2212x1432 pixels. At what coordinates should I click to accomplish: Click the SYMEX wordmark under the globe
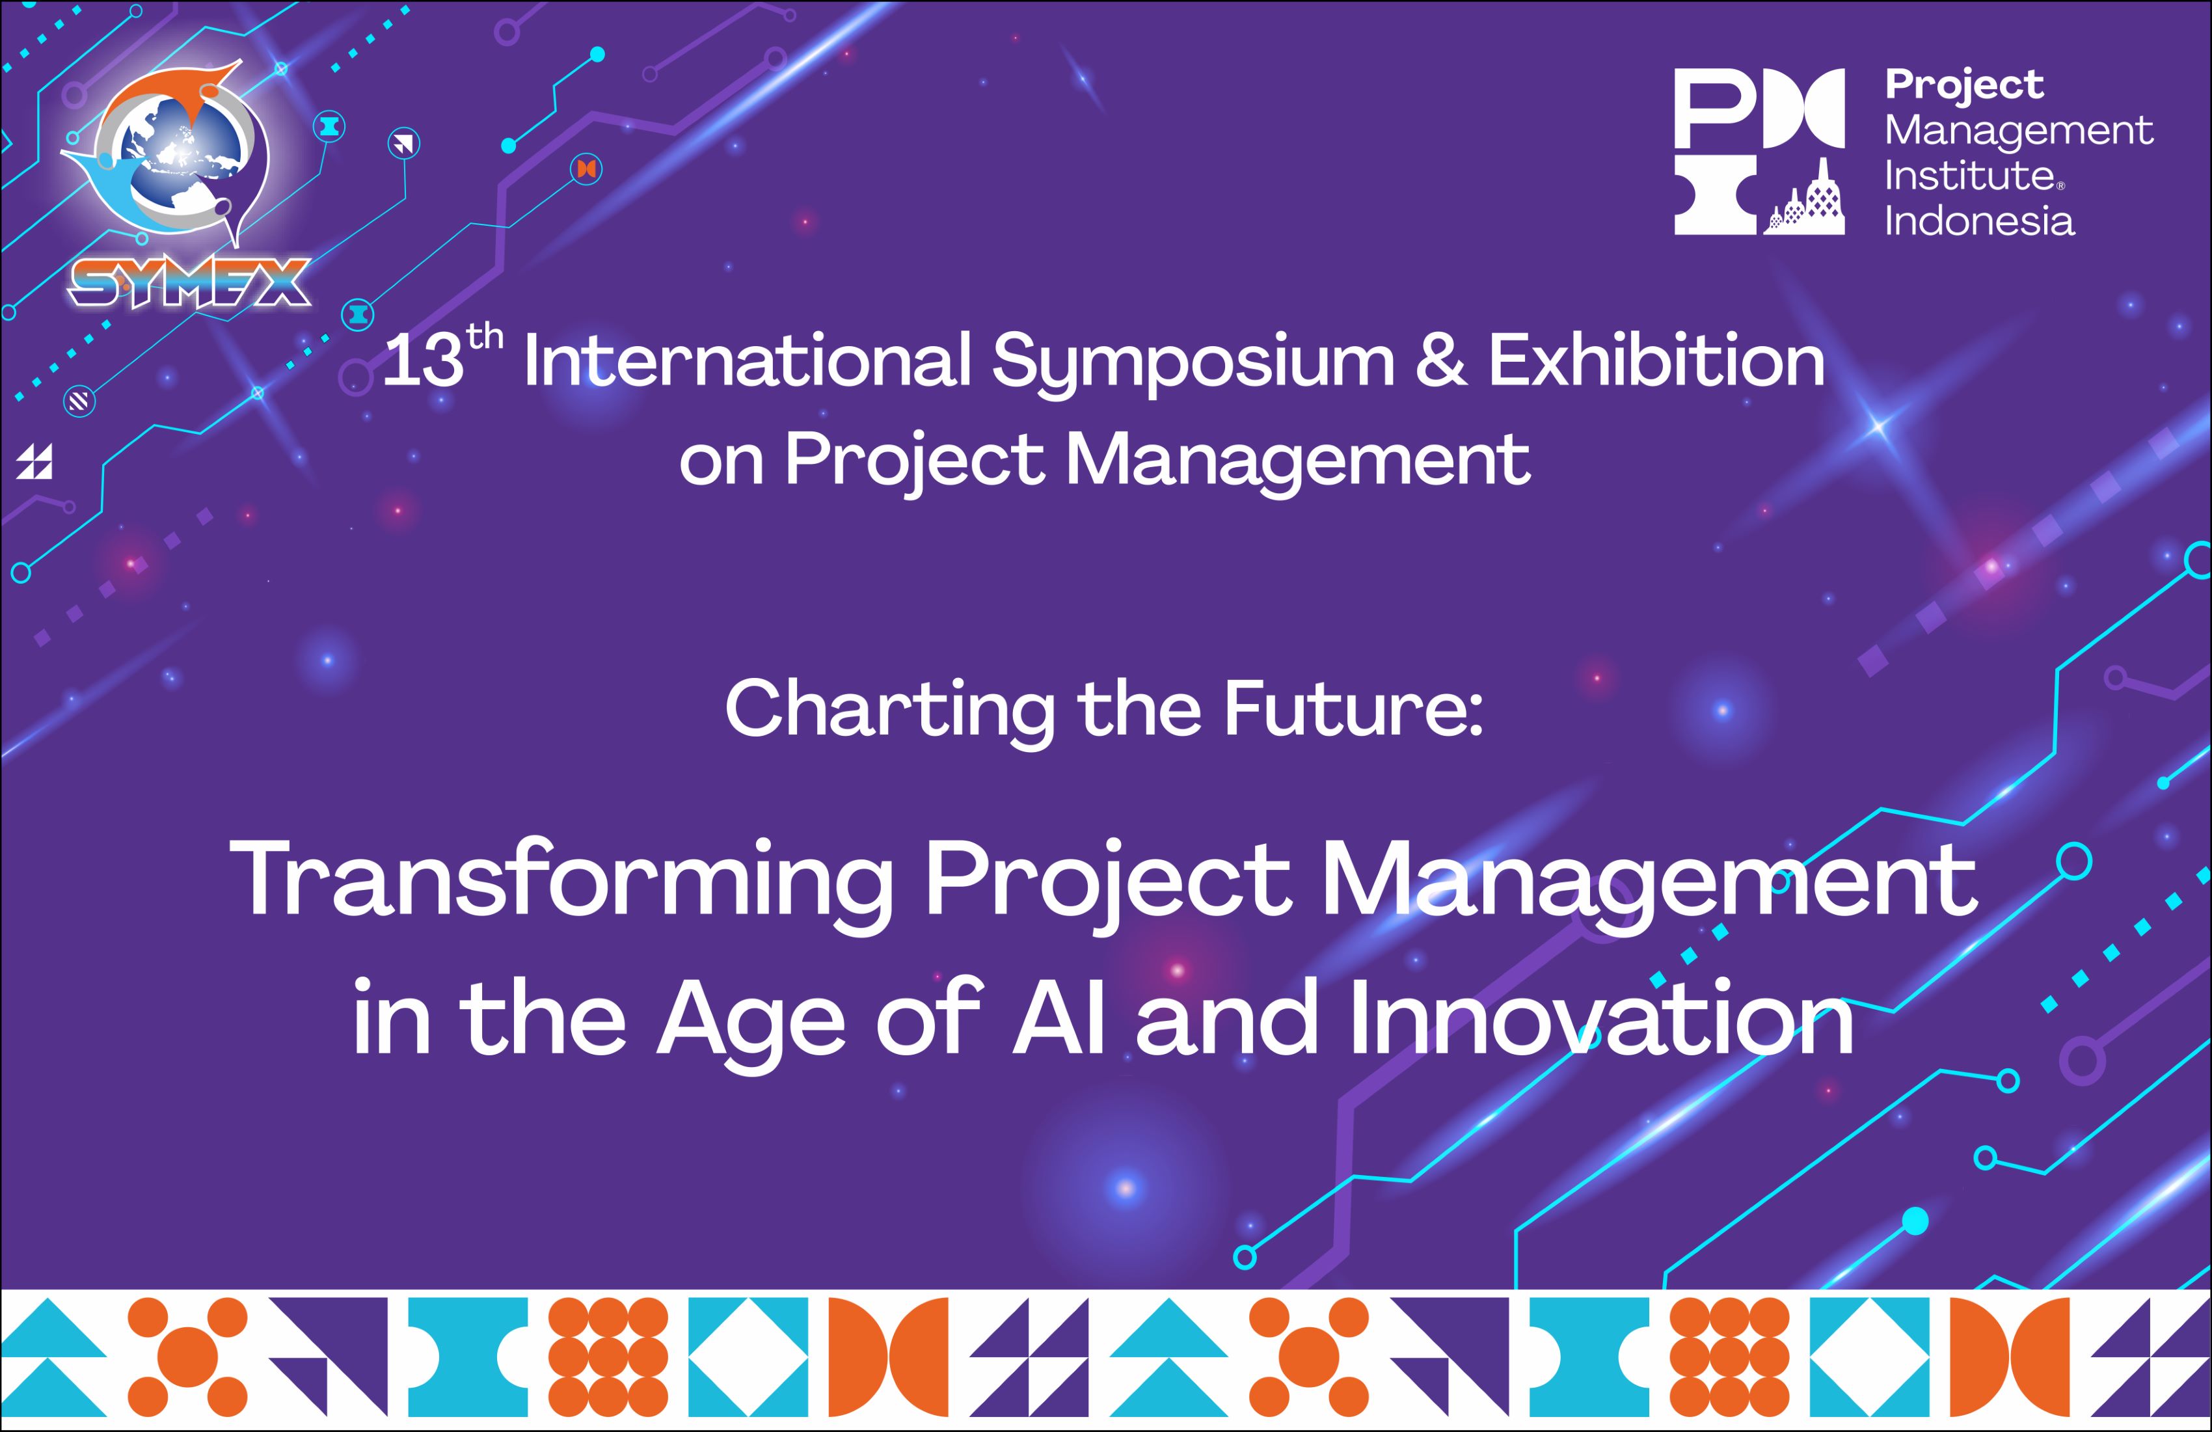(189, 282)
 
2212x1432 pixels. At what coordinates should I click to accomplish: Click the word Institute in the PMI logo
(1969, 176)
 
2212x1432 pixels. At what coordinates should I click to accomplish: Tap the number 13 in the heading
(423, 362)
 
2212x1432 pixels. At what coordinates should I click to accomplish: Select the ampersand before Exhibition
(1442, 362)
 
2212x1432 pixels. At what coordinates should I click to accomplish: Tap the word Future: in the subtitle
(1353, 709)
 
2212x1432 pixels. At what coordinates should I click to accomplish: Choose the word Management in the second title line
(1297, 460)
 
